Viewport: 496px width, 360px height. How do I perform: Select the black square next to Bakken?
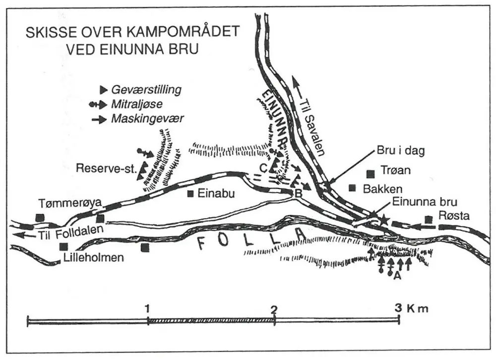[x=353, y=187]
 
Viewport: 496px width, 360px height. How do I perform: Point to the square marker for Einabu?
[x=190, y=193]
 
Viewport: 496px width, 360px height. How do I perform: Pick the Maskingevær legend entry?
[x=144, y=120]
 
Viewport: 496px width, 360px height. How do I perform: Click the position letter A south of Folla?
[x=396, y=277]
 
